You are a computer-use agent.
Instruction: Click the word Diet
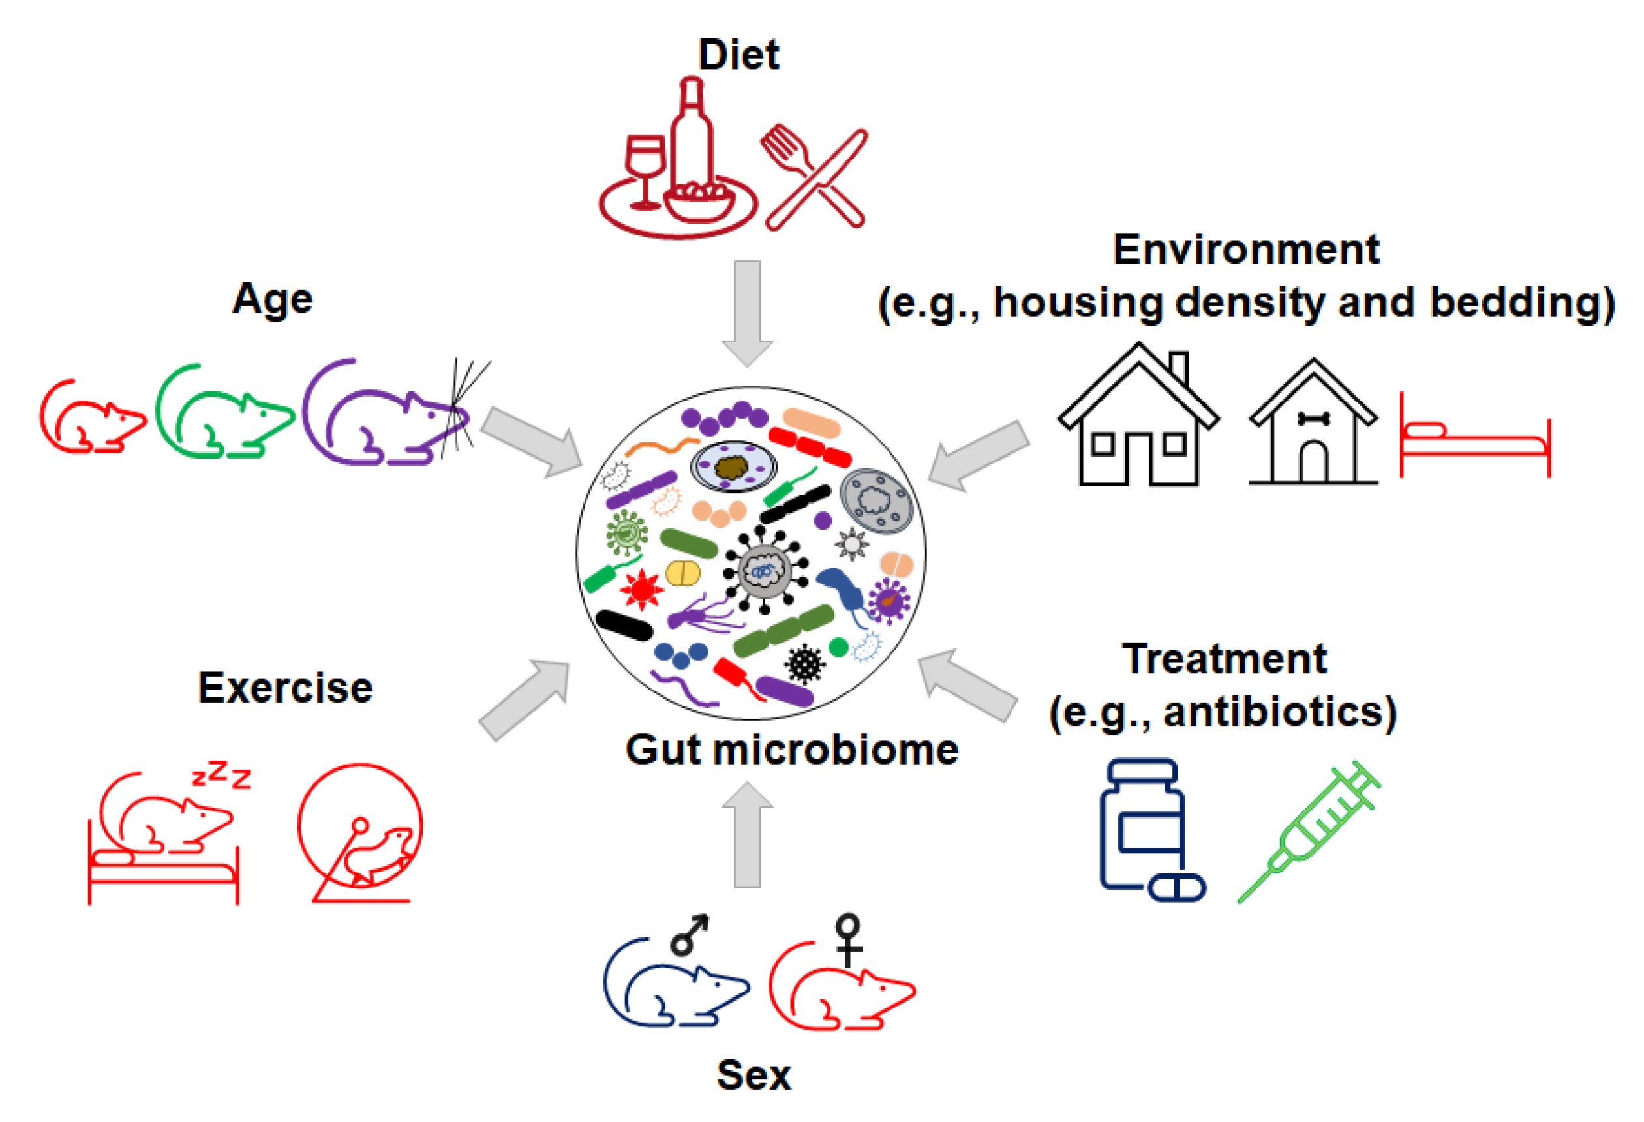738,55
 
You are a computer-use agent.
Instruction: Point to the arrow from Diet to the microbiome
747,311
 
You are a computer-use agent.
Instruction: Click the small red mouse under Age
92,421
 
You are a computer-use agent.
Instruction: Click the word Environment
1246,250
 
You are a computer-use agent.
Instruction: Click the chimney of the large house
1179,367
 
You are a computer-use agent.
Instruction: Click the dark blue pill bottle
1142,824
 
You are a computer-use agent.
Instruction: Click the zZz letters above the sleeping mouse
221,775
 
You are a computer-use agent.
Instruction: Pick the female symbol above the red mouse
847,938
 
